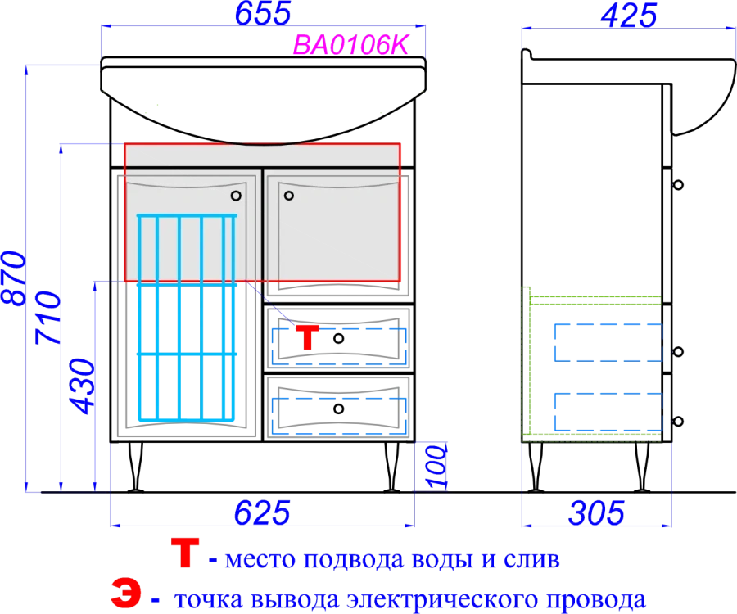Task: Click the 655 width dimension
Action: click(263, 13)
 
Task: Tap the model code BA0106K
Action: click(351, 45)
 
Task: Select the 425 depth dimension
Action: click(628, 16)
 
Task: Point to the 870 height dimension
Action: click(14, 278)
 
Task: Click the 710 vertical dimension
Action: click(48, 318)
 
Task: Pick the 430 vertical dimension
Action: click(82, 386)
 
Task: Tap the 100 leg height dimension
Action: click(436, 467)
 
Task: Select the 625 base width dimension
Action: click(262, 512)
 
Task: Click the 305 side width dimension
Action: click(596, 513)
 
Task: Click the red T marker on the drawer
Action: click(307, 337)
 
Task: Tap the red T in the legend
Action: click(185, 553)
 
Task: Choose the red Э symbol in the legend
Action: click(126, 593)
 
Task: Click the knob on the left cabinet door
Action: click(236, 196)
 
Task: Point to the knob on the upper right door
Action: click(289, 196)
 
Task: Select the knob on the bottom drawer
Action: click(338, 409)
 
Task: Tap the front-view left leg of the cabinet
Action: click(136, 467)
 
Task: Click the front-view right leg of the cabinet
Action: click(391, 467)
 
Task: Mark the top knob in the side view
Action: click(678, 185)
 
